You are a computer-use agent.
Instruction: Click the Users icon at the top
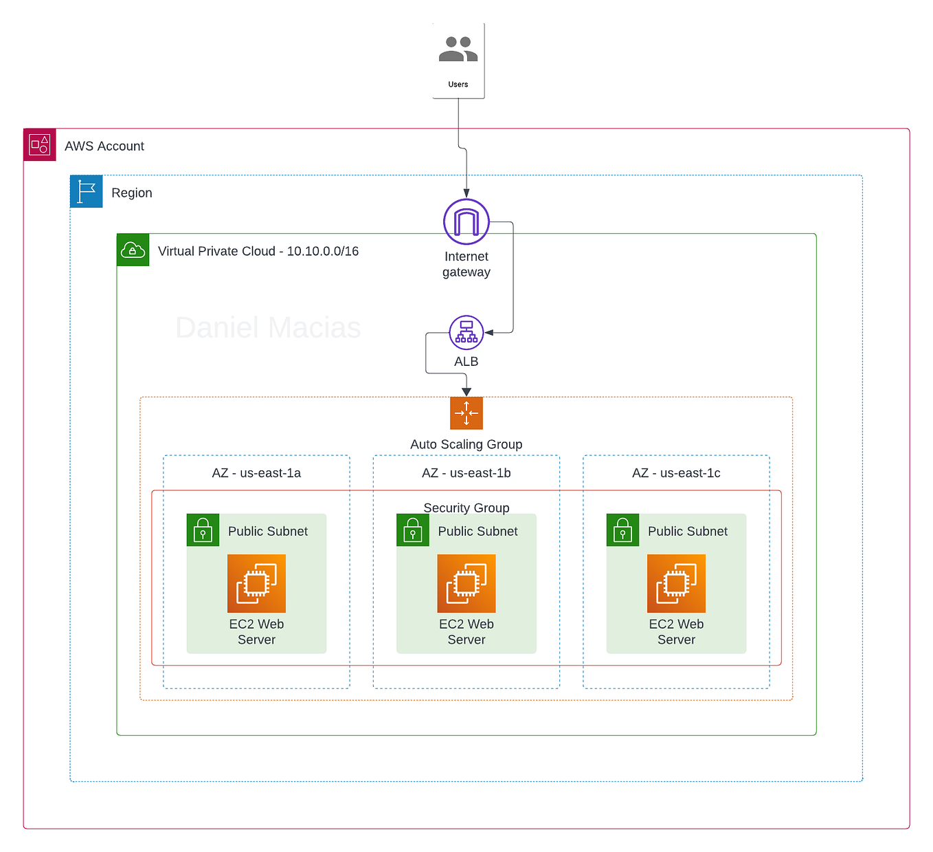coord(458,50)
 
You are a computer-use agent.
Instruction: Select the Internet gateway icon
coord(466,222)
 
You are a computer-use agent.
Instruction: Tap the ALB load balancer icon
coord(466,333)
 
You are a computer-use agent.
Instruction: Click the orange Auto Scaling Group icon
coord(466,413)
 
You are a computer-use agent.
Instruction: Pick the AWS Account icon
coord(40,145)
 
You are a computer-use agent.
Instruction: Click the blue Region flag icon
coord(87,192)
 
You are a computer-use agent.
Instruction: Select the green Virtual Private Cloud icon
coord(133,250)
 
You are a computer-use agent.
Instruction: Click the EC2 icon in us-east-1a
coord(256,584)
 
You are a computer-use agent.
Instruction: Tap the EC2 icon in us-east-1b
coord(466,584)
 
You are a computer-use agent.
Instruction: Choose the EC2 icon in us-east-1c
coord(676,584)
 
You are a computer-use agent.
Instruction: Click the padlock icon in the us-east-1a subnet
coord(203,530)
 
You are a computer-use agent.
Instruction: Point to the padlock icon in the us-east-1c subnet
coord(622,530)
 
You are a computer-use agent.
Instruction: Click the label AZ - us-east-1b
coord(466,473)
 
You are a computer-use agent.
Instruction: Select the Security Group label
coord(466,507)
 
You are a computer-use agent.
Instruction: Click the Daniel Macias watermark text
coord(268,328)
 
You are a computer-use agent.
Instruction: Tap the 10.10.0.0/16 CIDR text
coord(323,251)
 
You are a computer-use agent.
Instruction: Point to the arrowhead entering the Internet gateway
coord(466,194)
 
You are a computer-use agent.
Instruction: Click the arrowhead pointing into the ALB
coord(489,333)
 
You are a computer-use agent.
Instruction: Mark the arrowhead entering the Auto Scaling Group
coord(466,392)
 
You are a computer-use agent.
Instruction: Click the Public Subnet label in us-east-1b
coord(477,532)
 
